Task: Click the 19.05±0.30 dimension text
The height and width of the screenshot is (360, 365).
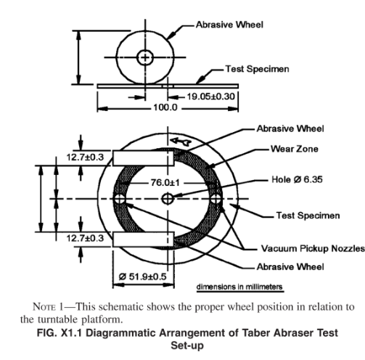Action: (210, 97)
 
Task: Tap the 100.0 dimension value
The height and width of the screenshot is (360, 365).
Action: (165, 107)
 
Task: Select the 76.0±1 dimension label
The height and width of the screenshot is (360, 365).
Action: (165, 182)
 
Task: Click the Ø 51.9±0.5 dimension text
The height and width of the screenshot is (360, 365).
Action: (143, 277)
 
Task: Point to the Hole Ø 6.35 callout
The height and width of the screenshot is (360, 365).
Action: (297, 179)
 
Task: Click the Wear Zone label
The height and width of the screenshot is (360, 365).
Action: (294, 149)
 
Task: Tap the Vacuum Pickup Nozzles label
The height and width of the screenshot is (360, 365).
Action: (313, 248)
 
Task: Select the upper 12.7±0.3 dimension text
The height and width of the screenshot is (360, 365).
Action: (85, 157)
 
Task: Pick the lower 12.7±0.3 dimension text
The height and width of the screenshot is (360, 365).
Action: (85, 238)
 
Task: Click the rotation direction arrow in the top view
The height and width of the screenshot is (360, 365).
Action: (181, 142)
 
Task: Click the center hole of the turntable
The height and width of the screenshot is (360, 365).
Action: (168, 199)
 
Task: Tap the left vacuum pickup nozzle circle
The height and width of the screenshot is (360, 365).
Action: (120, 199)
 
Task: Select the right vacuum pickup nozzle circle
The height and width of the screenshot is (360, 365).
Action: (216, 199)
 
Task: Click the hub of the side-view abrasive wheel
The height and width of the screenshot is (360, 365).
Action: (145, 57)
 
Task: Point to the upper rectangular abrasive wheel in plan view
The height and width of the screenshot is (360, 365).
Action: (144, 158)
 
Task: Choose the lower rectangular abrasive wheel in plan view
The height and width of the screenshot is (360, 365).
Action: (144, 240)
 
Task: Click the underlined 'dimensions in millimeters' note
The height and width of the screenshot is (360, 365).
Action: (239, 287)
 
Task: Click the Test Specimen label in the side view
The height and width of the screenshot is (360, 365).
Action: (257, 69)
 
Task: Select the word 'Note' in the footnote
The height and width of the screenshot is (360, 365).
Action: (43, 307)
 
